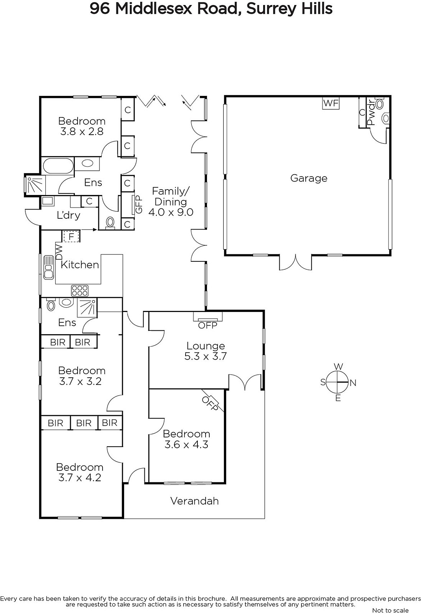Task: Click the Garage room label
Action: coord(309,178)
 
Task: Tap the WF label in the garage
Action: coord(331,103)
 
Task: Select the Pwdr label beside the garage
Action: coord(371,113)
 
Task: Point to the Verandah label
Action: coord(195,501)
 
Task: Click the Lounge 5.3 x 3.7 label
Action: coord(206,351)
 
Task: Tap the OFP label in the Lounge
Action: coord(207,325)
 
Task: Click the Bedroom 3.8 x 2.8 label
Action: coord(82,126)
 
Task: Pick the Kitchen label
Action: coord(80,265)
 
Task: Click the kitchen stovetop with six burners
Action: coord(80,290)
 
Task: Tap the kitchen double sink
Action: coord(48,267)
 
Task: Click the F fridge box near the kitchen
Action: coord(71,236)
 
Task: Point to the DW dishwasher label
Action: coord(59,252)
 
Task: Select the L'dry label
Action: coord(68,215)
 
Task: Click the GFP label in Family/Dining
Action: coord(139,205)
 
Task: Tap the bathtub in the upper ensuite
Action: coord(58,166)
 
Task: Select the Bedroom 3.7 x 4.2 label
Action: coord(80,472)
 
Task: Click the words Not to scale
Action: coord(390,610)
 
